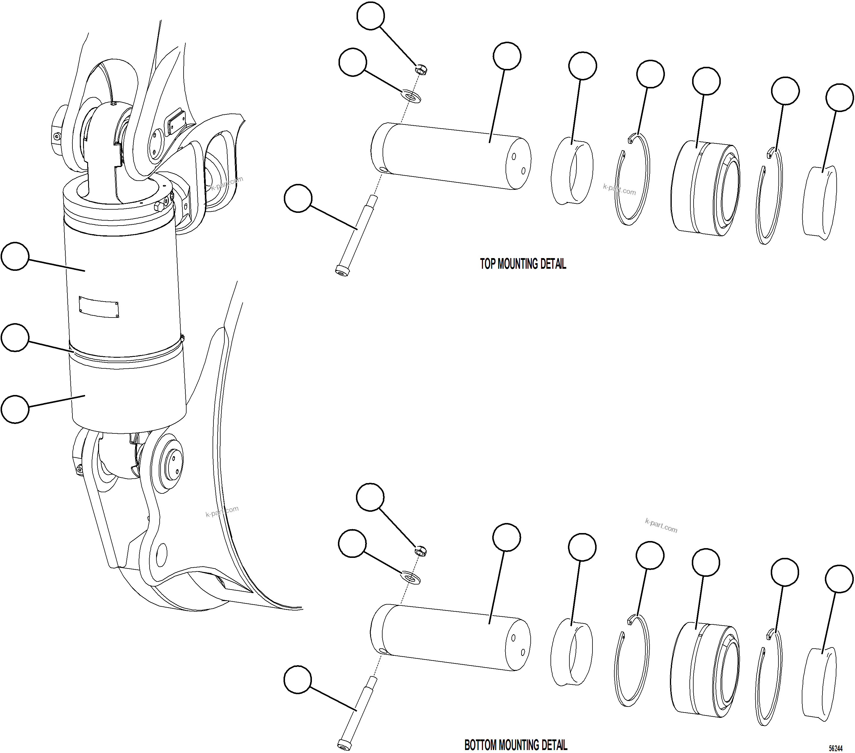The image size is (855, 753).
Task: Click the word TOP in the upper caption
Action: point(487,264)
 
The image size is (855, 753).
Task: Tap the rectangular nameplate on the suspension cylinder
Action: point(99,307)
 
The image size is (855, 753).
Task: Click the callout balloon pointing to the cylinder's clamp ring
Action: point(15,338)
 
